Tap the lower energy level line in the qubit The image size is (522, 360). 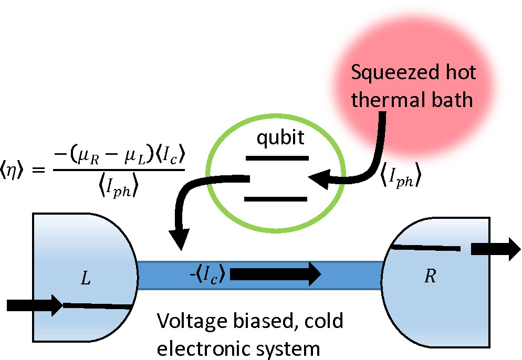coord(276,199)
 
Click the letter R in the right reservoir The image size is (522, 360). coord(431,277)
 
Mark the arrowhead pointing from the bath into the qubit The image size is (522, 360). coord(318,179)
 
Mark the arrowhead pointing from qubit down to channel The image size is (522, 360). coord(180,242)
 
